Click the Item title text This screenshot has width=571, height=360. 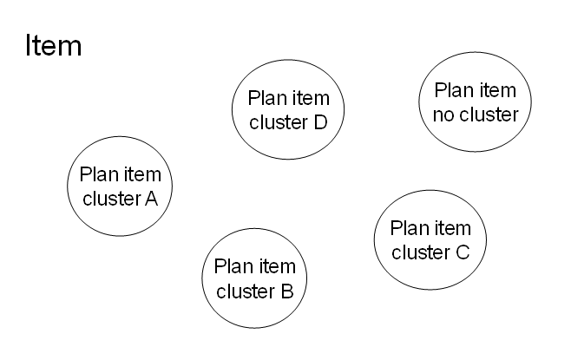(53, 45)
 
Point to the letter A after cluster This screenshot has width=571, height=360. (151, 198)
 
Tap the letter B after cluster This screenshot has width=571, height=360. (287, 291)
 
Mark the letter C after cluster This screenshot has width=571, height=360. (463, 252)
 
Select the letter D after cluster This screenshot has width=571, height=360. (320, 121)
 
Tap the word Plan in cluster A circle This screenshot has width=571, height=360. (95, 174)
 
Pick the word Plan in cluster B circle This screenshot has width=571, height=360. (231, 266)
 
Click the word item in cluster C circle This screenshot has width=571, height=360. (453, 228)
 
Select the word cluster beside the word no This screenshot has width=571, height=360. (489, 114)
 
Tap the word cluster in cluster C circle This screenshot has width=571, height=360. (421, 252)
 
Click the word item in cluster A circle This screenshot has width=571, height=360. (145, 174)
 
